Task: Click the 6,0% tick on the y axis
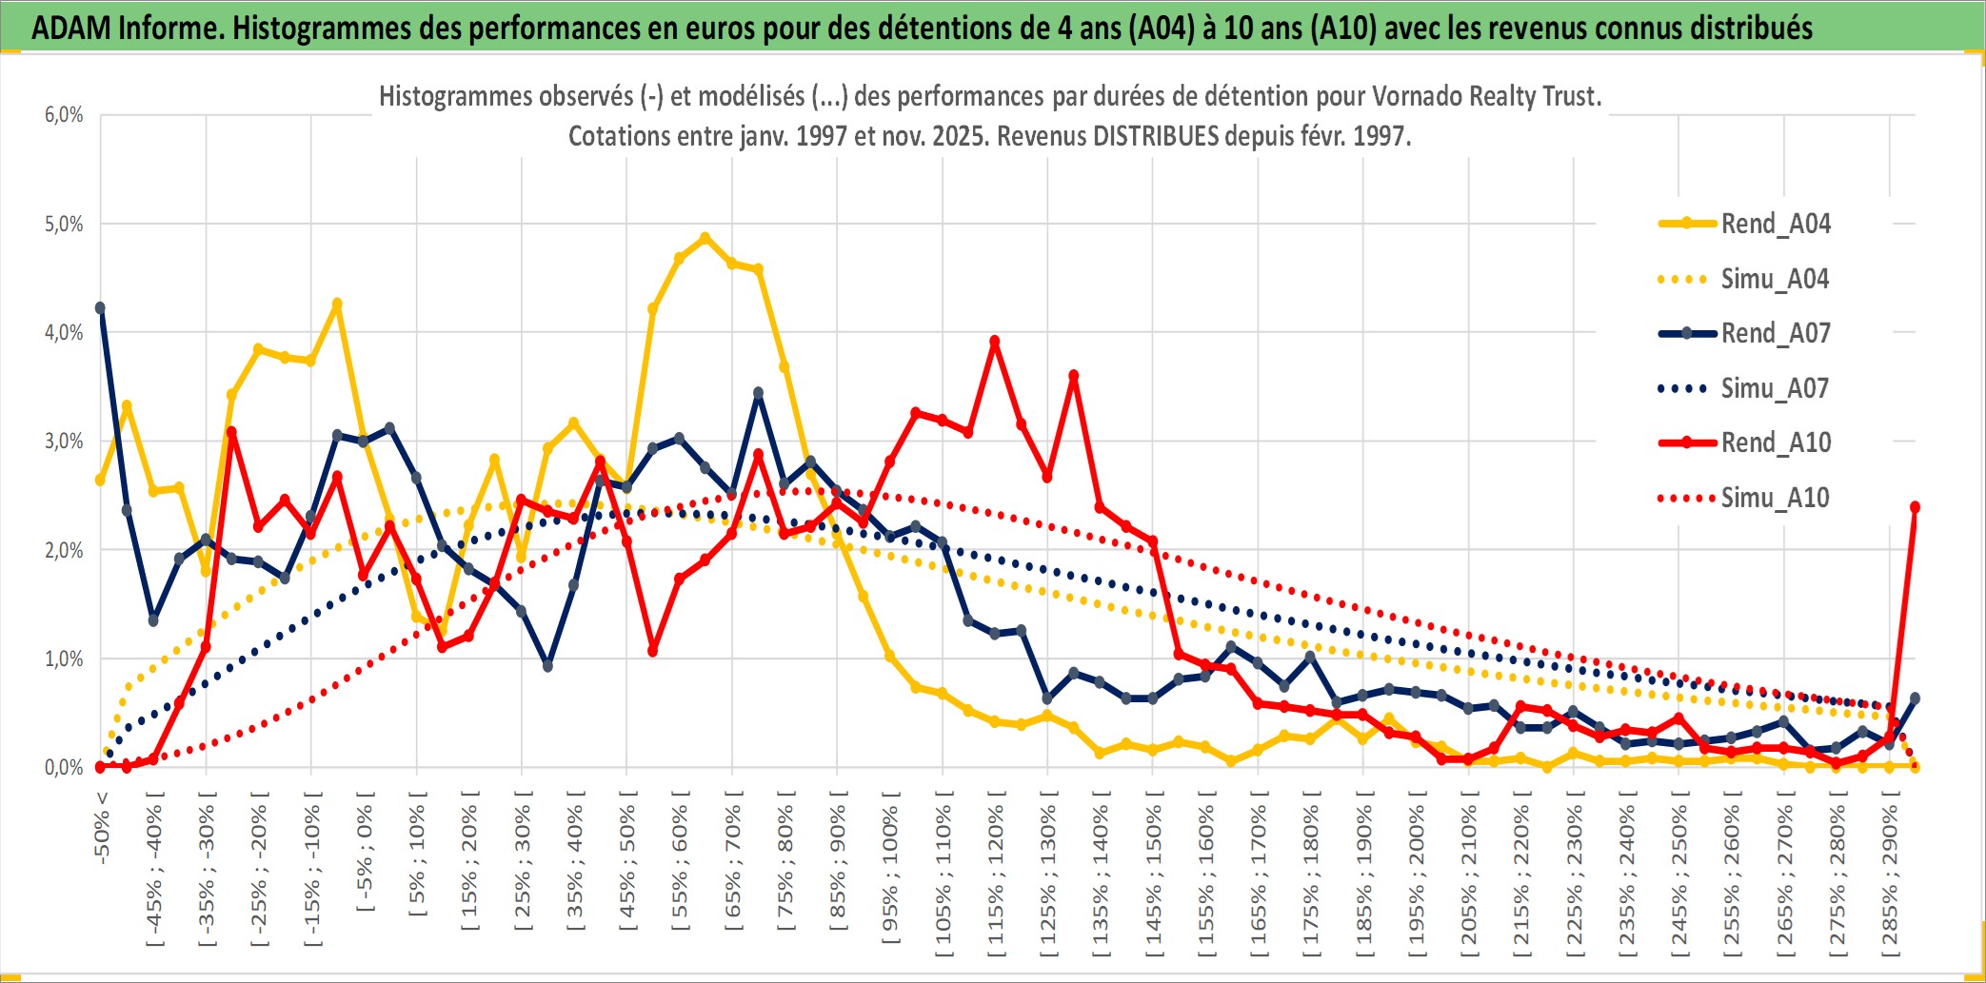click(x=64, y=115)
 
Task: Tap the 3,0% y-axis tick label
click(x=64, y=442)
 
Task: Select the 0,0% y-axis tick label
click(x=64, y=767)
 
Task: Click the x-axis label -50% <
click(x=102, y=827)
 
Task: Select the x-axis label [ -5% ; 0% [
click(x=365, y=852)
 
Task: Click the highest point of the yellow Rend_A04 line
click(x=705, y=238)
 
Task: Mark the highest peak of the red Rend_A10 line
click(x=994, y=341)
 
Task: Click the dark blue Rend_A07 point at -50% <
click(x=100, y=307)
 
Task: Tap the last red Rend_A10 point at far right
click(x=1915, y=507)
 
